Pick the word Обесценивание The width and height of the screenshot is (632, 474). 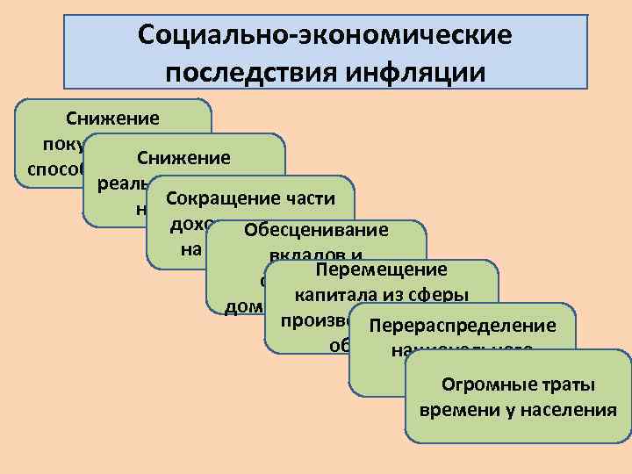[316, 231]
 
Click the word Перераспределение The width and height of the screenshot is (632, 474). [463, 326]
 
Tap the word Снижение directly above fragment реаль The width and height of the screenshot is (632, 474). [183, 158]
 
